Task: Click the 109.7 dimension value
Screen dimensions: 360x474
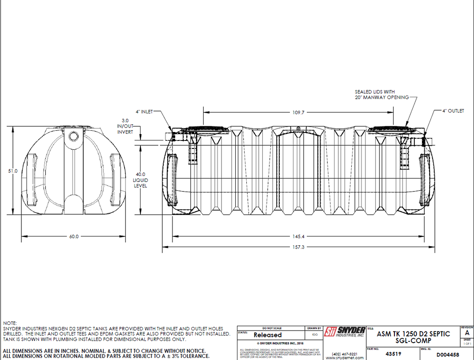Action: (x=298, y=113)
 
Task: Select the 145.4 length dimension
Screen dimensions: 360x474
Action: (x=299, y=236)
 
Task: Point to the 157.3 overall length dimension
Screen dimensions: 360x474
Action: (x=299, y=247)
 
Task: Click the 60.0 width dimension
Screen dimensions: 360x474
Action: (x=73, y=236)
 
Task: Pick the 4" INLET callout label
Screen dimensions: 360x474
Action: (x=144, y=112)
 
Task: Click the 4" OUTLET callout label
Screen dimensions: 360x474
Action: (x=453, y=111)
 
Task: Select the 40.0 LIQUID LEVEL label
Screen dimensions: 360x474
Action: (x=141, y=180)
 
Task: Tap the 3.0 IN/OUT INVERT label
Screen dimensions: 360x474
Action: (x=125, y=126)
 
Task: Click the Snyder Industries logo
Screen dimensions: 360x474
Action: (x=345, y=332)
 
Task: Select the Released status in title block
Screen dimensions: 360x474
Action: (x=267, y=335)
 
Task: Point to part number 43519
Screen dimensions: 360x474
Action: (x=390, y=354)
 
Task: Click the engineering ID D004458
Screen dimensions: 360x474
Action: (x=447, y=354)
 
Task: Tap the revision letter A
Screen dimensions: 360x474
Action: (x=467, y=333)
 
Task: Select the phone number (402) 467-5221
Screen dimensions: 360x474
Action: (x=344, y=354)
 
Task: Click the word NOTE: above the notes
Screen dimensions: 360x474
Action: (x=10, y=323)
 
